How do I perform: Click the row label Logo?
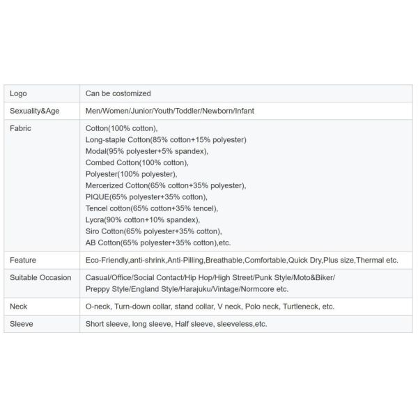coord(19,93)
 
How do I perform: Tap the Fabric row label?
coord(21,128)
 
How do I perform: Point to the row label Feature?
coord(23,260)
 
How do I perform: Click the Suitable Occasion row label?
coord(40,277)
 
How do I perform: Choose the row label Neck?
coord(19,307)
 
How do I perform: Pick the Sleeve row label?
coord(21,324)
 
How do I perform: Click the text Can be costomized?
coord(118,93)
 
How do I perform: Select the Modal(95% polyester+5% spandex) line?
coord(146,151)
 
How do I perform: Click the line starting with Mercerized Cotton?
coord(166,185)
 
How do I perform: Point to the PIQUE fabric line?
coord(146,197)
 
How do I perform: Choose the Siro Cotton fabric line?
coord(153,231)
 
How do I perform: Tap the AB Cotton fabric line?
coord(158,242)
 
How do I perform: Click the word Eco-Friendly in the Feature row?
coord(107,260)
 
